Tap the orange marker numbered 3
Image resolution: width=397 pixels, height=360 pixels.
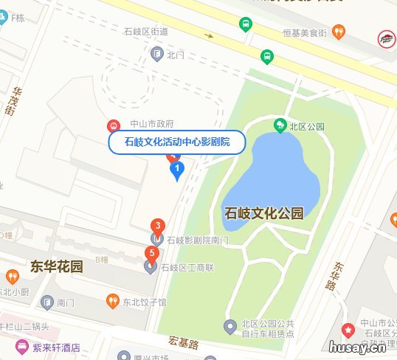point(156,226)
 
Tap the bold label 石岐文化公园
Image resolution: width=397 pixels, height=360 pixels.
point(263,214)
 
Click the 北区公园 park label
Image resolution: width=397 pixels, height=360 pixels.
point(308,127)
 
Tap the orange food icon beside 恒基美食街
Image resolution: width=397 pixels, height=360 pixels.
point(339,31)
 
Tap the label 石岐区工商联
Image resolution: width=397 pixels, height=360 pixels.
point(187,267)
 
